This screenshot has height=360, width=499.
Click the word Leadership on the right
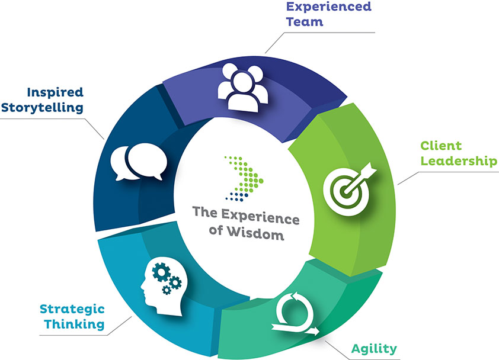(459, 161)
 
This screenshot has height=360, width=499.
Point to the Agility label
(374, 348)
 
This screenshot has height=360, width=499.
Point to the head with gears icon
(161, 287)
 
